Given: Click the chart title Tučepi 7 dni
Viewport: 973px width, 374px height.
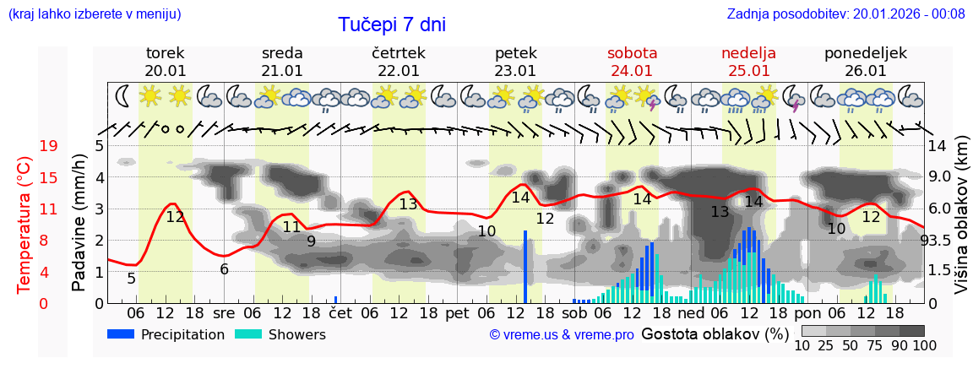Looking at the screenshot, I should click(392, 24).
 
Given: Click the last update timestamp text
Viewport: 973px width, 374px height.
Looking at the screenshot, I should click(845, 14).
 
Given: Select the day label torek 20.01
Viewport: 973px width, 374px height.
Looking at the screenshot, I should click(165, 62).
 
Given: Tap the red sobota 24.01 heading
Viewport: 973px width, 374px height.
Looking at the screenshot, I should click(632, 62).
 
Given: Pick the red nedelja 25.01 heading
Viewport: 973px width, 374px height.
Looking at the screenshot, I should click(748, 62).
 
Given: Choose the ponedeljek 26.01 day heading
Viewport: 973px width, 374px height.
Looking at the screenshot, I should click(865, 62).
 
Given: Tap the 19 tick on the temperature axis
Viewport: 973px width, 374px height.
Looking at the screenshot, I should click(48, 146).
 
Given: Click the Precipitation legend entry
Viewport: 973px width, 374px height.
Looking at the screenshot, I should click(166, 334).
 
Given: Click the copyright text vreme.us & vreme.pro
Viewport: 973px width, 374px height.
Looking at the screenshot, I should click(562, 334).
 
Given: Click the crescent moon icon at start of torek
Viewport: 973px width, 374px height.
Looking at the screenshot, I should click(122, 96).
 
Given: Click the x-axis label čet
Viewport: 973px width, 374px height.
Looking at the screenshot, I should click(340, 312).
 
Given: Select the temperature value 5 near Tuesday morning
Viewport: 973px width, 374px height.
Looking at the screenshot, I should click(131, 278).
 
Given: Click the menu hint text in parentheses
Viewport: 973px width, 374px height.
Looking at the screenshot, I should click(94, 14).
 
